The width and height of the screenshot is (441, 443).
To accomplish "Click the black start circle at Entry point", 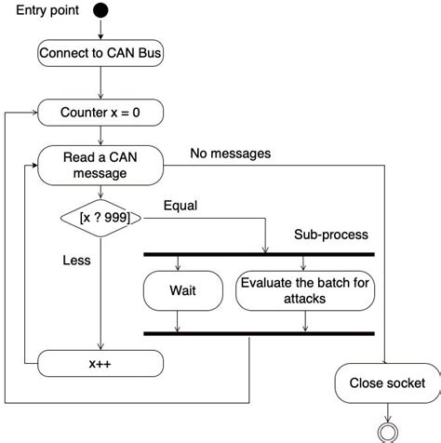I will coord(100,11).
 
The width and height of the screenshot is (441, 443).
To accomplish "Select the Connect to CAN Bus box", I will coord(100,53).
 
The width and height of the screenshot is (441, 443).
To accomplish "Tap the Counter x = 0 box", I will coord(100,113).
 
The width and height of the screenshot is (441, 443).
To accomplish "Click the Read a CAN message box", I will coord(100,165).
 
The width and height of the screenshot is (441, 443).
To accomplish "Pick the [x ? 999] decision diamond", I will coord(100,218).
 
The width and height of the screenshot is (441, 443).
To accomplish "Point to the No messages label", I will coord(230,154).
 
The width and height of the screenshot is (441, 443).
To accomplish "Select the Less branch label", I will coord(76,261).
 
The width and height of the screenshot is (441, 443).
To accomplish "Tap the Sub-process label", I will coord(331,235).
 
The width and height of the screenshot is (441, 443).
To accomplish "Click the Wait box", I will coord(182,290).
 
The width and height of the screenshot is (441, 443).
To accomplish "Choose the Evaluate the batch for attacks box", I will coord(306,290).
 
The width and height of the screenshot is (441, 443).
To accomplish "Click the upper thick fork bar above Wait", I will coord(258,254).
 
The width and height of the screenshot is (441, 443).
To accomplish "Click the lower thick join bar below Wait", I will coord(258,333).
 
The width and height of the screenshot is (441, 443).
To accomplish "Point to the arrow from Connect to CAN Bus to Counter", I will coord(100,84).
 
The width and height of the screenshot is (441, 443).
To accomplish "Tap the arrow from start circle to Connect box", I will coord(100,30).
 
